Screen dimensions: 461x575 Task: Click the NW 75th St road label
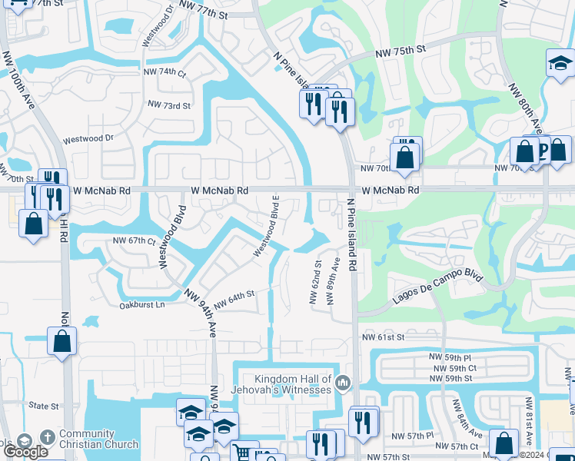tap(400, 51)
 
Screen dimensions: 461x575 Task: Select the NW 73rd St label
tap(168, 105)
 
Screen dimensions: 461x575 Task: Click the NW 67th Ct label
tap(135, 240)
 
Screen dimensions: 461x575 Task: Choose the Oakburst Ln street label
tap(142, 305)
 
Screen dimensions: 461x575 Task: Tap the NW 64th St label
tap(234, 300)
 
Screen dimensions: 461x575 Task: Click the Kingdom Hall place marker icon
tap(343, 382)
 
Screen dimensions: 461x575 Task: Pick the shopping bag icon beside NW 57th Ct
tap(504, 443)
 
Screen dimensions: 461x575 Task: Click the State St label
tap(44, 406)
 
